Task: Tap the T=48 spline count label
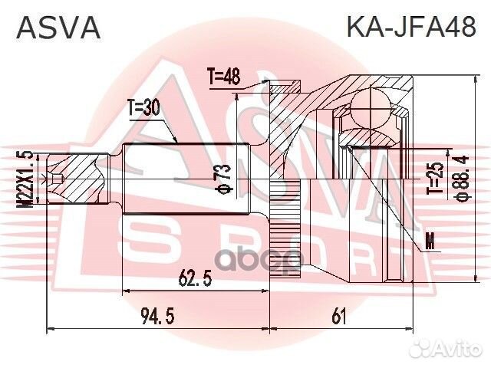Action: (223, 77)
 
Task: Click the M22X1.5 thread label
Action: (29, 179)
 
